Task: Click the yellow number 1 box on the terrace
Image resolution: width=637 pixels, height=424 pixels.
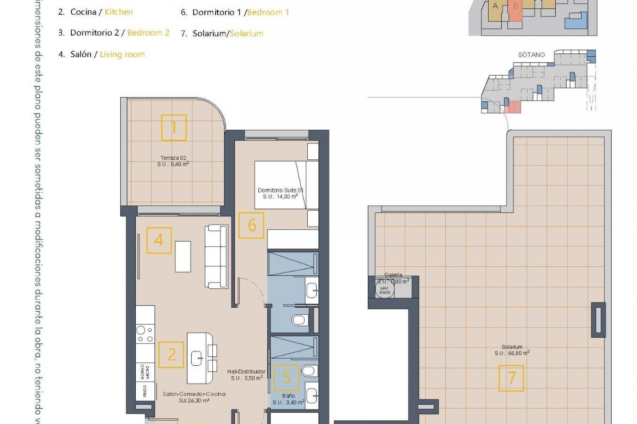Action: coord(174,128)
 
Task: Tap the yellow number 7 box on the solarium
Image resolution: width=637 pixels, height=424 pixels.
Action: coord(511,378)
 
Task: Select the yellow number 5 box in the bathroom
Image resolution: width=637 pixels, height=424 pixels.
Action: coord(286,377)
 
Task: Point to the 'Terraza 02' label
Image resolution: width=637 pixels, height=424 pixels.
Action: coord(173,158)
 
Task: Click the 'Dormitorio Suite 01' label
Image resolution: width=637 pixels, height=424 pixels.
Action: coord(280,190)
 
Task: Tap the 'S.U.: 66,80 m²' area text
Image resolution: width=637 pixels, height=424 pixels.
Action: coord(512,353)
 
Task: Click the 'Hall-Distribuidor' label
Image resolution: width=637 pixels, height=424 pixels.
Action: coord(247,372)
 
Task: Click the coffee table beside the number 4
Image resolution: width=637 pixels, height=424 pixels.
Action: coord(183,256)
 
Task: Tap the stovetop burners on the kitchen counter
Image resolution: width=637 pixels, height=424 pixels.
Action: coord(145,334)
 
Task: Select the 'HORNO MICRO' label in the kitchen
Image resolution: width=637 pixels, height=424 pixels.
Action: coord(145,372)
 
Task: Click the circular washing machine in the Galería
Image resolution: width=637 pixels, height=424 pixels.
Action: coord(385,291)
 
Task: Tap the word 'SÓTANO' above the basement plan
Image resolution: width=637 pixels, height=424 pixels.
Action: coord(531,55)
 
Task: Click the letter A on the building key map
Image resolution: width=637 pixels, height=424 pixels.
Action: coord(495,6)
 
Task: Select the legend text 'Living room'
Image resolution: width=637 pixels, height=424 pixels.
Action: coord(122,54)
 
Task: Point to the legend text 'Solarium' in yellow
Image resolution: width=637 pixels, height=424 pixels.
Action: coord(246,33)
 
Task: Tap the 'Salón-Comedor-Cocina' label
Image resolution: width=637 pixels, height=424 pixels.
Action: coord(194,394)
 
